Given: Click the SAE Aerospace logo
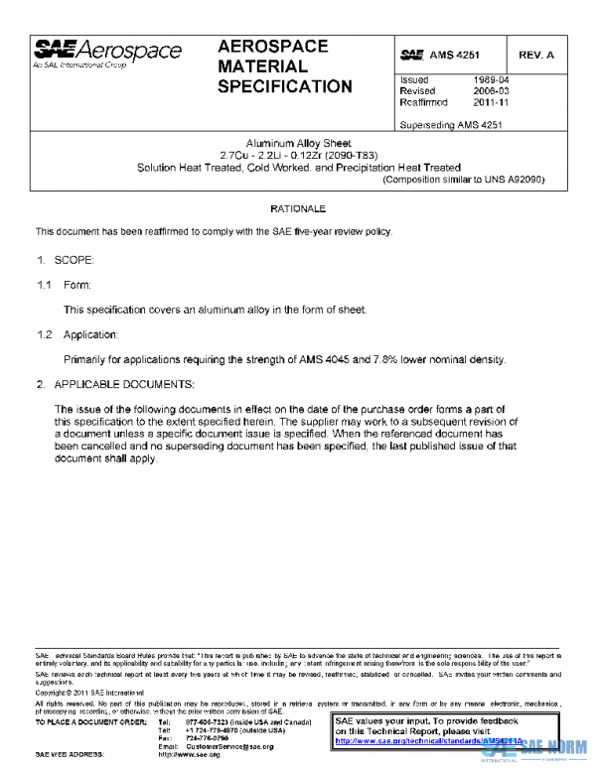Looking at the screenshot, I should pyautogui.click(x=108, y=53).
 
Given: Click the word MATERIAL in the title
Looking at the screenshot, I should pyautogui.click(x=262, y=66).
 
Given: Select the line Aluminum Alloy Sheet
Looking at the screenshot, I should pyautogui.click(x=298, y=144).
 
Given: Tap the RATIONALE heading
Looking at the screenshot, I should pyautogui.click(x=298, y=209).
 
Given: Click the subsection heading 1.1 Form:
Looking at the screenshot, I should pyautogui.click(x=64, y=285).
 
